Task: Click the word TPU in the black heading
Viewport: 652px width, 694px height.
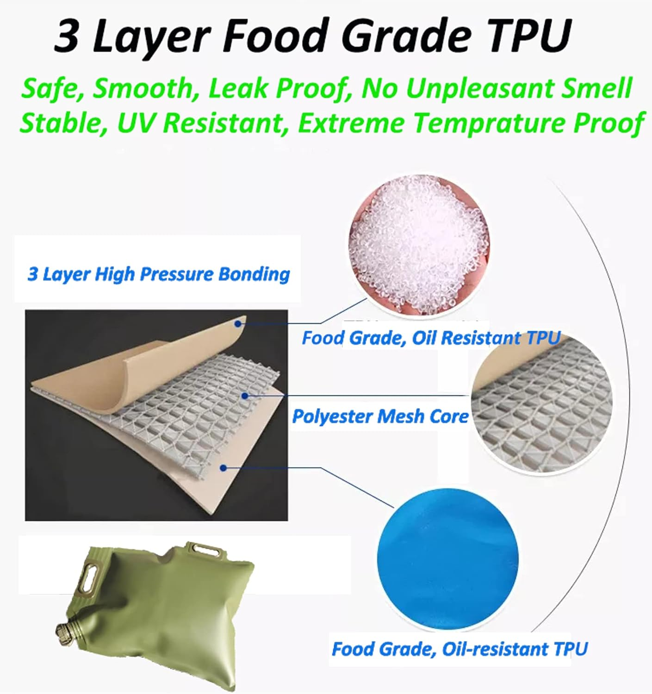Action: pos(530,36)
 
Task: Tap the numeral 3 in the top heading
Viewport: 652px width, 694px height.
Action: pos(67,36)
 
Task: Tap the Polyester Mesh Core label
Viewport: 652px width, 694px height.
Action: pos(380,416)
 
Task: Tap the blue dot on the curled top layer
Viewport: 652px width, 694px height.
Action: pos(238,324)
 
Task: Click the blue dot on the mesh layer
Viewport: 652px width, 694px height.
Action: pos(245,396)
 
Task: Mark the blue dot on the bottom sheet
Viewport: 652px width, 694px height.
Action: pos(224,468)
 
